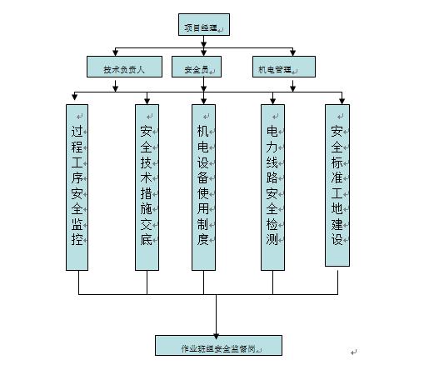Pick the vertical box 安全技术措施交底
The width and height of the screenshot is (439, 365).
(x=147, y=187)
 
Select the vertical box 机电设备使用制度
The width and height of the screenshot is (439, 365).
(x=203, y=187)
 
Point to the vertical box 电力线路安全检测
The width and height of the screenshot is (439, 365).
(x=273, y=187)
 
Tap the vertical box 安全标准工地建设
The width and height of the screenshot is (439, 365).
(x=337, y=184)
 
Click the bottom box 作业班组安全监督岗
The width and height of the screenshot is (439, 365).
(x=218, y=345)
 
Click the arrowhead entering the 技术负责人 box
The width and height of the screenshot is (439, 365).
(x=115, y=52)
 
